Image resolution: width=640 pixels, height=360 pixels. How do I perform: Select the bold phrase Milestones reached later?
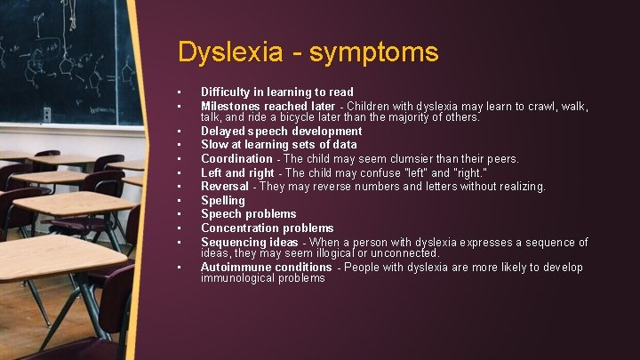coord(268,106)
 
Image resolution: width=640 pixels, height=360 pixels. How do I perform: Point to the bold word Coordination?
coord(236,158)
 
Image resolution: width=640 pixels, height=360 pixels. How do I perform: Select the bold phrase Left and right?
coord(237,172)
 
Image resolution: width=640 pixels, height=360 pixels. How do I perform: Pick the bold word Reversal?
coord(224,186)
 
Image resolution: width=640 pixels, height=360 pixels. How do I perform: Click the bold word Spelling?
coord(222,200)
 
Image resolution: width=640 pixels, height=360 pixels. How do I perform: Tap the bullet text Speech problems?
coord(248,213)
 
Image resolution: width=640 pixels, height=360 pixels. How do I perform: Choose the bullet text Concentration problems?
coord(267,228)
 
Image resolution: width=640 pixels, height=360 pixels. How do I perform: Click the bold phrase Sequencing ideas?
coord(249,242)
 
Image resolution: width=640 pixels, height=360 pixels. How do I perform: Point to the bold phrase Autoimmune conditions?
coord(266,267)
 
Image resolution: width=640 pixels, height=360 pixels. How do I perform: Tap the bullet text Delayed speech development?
coord(281,131)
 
